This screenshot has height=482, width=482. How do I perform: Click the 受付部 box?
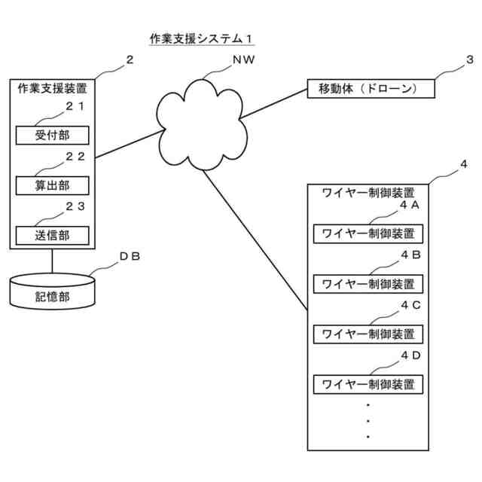point(52,136)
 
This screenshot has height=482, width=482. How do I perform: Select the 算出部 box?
point(52,185)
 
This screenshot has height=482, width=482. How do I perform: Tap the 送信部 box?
point(52,236)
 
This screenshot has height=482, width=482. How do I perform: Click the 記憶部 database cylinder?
point(52,291)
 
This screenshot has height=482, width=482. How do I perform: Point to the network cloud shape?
point(201,124)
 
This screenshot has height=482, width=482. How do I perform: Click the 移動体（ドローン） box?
point(371,89)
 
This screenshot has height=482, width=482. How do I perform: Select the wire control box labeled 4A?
point(368,234)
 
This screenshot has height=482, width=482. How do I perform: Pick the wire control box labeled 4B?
point(368,284)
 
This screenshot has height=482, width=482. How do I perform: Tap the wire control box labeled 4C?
point(368,334)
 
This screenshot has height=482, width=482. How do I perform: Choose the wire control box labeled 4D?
point(368,384)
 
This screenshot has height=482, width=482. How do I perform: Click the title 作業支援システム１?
point(201,39)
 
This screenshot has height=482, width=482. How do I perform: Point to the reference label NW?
point(243,59)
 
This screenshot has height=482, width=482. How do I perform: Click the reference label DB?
point(130,256)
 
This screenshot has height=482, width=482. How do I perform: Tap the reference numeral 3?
point(469,59)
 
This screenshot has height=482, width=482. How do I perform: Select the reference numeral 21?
point(75,106)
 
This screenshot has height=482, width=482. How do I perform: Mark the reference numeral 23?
point(75,206)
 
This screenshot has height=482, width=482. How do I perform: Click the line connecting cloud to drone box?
point(273,104)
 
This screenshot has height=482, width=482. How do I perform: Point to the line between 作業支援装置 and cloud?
point(130,144)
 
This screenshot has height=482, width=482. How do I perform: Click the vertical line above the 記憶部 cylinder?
point(52,261)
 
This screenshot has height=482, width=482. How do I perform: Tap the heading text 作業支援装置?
point(52,89)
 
